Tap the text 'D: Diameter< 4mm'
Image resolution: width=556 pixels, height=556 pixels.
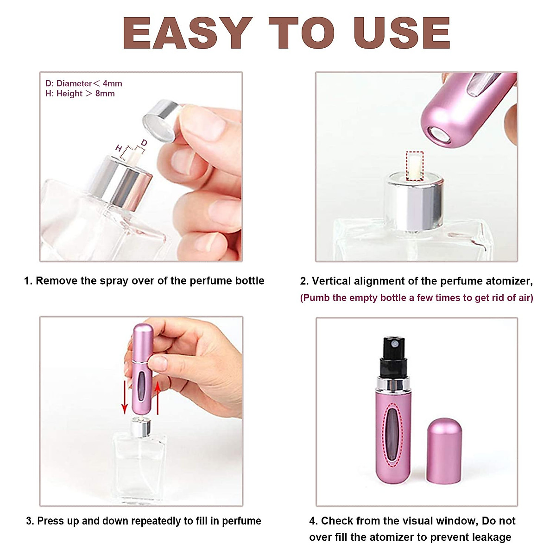84,83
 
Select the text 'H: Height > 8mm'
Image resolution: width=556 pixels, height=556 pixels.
80,94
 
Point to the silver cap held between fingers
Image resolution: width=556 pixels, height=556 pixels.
160,120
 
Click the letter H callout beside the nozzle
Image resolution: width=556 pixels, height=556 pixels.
119,148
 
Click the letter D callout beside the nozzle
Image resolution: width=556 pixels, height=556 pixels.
144,143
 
